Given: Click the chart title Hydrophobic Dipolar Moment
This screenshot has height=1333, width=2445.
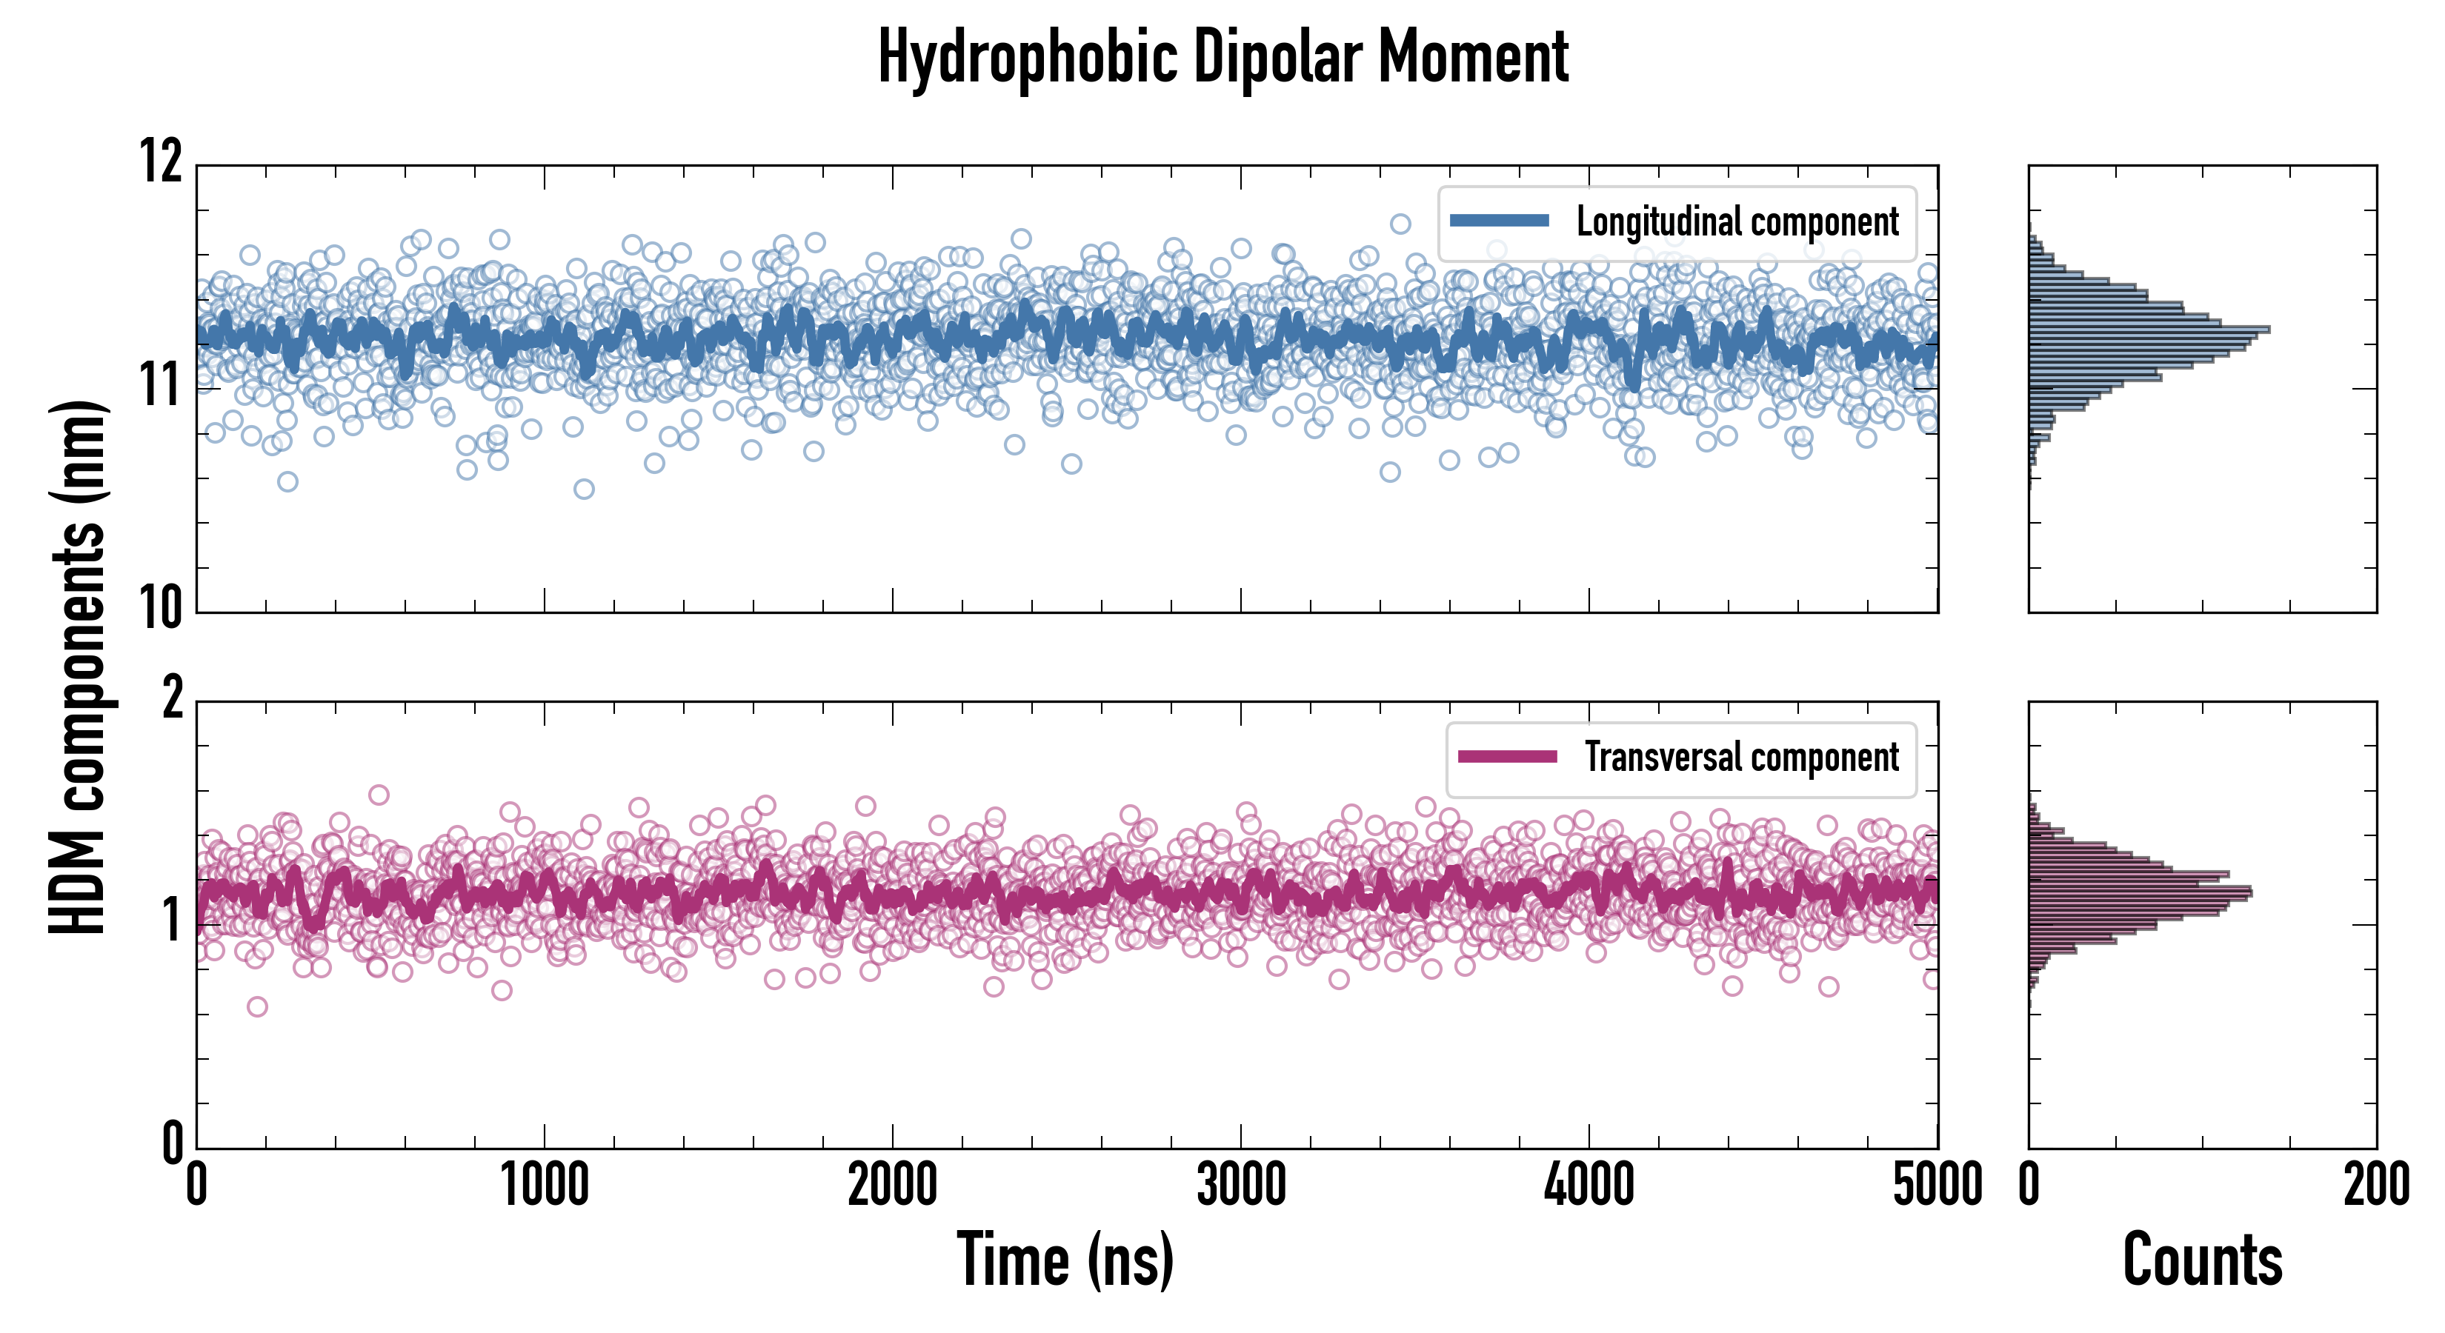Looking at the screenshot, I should (1222, 58).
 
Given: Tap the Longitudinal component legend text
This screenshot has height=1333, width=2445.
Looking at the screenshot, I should (1737, 222).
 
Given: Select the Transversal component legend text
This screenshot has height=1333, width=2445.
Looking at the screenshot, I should (1742, 757).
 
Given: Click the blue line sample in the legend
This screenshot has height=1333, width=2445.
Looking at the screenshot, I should (1500, 221).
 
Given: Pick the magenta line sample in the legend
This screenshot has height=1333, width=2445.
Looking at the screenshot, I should (1507, 756).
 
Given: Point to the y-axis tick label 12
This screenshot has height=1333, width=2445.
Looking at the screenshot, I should (162, 161).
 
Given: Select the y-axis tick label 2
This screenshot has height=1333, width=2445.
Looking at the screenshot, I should (173, 700).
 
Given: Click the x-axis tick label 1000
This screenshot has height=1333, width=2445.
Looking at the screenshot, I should (545, 1186).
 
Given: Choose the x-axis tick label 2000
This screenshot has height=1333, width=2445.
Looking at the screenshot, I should (892, 1186).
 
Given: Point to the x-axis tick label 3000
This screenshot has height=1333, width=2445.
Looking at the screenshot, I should (1240, 1186).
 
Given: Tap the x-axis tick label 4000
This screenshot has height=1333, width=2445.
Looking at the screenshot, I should (1589, 1186).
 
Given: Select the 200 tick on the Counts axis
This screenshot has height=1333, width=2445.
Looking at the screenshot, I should (2375, 1186).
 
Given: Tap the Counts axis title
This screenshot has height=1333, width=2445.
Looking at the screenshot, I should (2202, 1260).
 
